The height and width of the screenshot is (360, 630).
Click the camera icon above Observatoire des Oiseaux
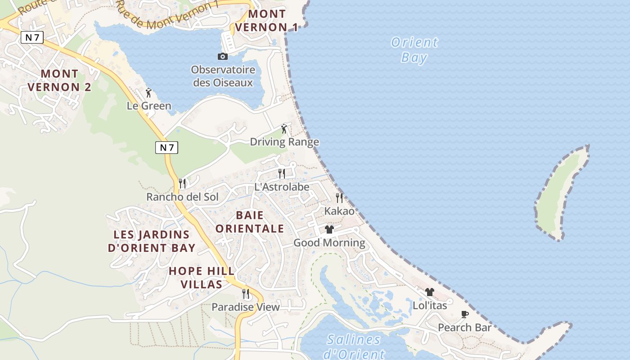tap(222, 56)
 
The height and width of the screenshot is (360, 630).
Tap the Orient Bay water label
tap(414, 50)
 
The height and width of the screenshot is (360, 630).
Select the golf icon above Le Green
tap(148, 93)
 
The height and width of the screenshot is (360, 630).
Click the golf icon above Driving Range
tap(284, 129)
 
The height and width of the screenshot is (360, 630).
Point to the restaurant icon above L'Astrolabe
tap(282, 173)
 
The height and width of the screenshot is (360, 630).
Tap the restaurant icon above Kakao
tap(339, 198)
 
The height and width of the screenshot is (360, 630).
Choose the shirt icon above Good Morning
tap(329, 229)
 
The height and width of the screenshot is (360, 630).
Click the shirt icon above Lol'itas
tap(430, 292)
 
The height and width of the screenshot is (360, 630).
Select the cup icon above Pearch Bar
tap(465, 314)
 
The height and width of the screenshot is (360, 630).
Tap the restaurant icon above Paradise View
tap(246, 294)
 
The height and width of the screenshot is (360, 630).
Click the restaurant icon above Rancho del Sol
tap(182, 183)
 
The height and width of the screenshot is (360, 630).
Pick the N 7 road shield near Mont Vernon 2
tap(32, 37)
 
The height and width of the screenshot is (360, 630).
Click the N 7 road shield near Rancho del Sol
tap(166, 147)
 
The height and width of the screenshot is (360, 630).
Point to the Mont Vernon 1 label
tap(267, 21)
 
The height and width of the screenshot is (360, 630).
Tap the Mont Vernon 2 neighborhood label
tap(59, 80)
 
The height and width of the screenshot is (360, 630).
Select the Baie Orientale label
tap(249, 222)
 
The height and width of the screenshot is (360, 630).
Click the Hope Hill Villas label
tap(202, 278)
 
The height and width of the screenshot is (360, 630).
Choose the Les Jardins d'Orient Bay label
tap(152, 241)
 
